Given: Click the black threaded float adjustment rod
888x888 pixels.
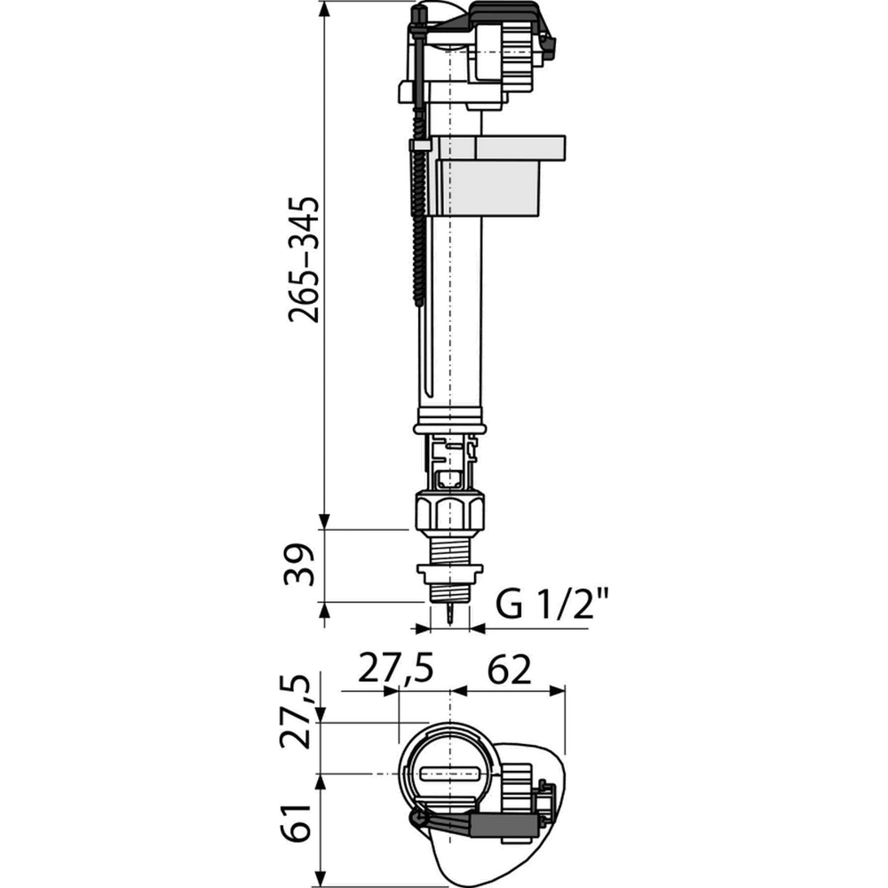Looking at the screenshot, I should pos(418,231).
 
